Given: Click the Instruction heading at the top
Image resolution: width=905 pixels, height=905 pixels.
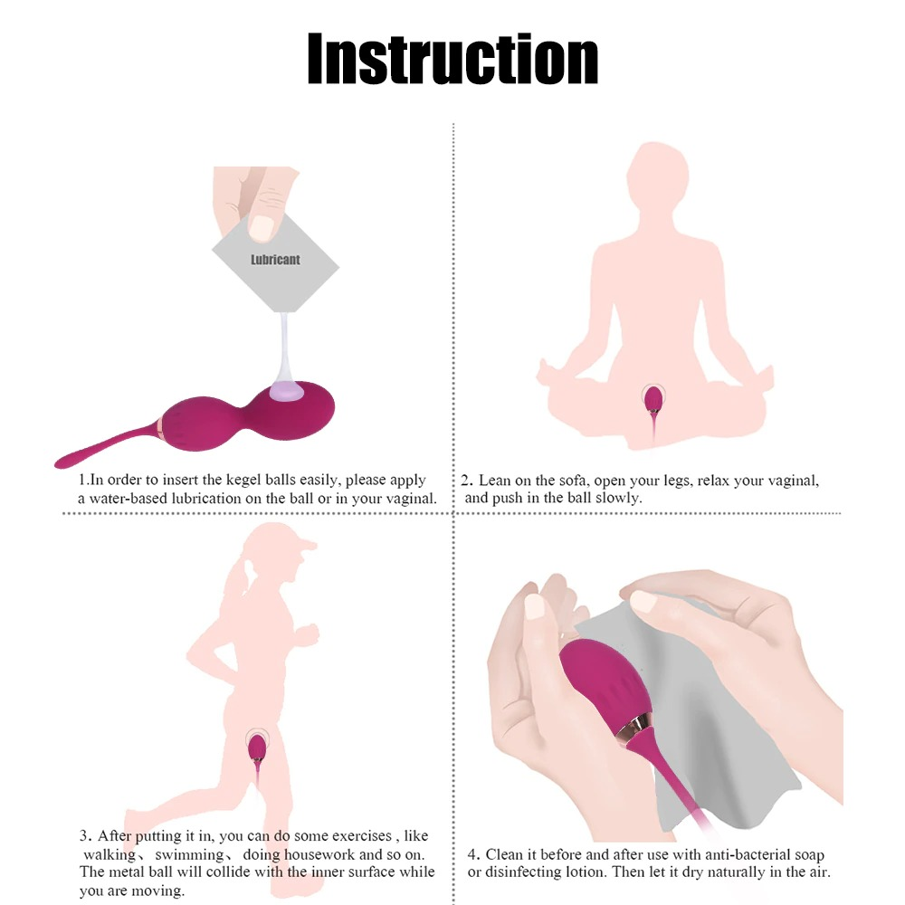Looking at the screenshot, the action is tap(452, 59).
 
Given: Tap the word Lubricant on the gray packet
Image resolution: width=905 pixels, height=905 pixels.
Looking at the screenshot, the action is tap(275, 260).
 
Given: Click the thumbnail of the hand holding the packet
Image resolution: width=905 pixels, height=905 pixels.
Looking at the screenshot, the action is tap(263, 227).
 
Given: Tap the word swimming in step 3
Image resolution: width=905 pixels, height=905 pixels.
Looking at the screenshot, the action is tap(189, 854).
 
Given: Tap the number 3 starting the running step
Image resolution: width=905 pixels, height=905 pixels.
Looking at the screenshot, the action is tap(84, 835).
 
